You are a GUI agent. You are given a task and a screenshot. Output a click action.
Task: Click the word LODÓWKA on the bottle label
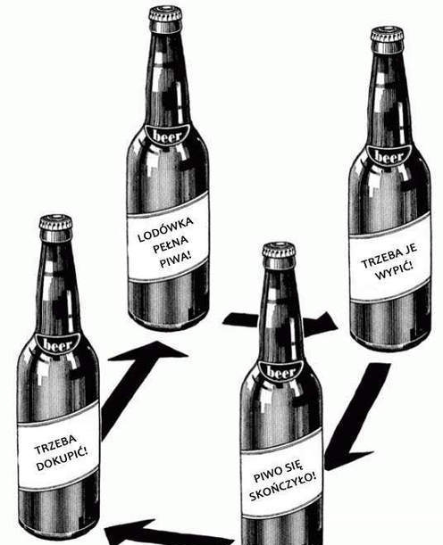(165, 229)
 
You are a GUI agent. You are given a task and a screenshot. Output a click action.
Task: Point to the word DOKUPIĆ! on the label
(62, 460)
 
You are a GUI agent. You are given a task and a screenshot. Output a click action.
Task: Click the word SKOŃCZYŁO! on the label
(283, 487)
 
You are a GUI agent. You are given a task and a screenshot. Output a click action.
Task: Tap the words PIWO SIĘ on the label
(279, 472)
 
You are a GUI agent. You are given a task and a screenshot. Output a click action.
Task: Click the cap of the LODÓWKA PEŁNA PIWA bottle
(165, 16)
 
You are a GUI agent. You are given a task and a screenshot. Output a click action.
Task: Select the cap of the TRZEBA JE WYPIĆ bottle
(387, 37)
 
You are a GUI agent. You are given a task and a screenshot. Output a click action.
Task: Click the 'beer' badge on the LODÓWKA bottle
(167, 136)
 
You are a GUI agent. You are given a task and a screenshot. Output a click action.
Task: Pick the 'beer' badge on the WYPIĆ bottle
(389, 156)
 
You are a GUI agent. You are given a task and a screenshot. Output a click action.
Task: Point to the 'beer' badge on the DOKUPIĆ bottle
(58, 345)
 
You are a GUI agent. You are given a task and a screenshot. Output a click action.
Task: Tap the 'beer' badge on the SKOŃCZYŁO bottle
(281, 373)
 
